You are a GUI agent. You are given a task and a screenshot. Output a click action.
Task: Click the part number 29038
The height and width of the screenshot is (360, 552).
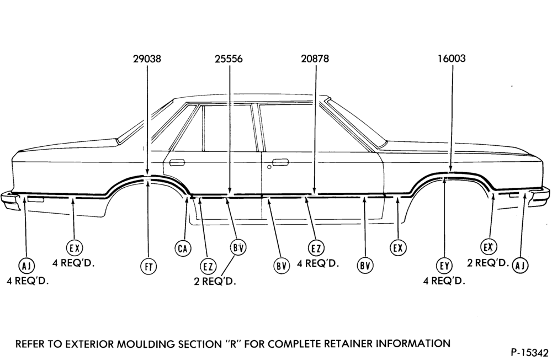(x=147, y=59)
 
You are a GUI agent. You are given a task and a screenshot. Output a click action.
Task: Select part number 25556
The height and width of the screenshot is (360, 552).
(x=229, y=59)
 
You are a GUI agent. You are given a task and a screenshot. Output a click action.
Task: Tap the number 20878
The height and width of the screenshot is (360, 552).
(x=315, y=59)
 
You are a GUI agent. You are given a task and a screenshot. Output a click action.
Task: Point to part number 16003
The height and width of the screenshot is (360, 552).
(x=452, y=58)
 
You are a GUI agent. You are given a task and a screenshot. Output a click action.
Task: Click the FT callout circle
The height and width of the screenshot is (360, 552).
(x=148, y=267)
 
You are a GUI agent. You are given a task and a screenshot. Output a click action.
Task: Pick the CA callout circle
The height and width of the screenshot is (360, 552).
(x=183, y=248)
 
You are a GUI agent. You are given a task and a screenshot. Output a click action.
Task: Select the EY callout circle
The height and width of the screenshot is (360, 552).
(x=444, y=266)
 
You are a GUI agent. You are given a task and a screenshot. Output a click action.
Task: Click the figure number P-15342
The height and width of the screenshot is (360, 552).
(x=529, y=353)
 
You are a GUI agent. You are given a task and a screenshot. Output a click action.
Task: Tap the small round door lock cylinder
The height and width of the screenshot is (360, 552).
(x=269, y=167)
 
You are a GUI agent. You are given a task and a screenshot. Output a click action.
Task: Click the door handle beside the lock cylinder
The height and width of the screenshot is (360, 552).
(x=280, y=162)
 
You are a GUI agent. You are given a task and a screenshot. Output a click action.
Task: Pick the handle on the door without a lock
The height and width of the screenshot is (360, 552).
(x=177, y=162)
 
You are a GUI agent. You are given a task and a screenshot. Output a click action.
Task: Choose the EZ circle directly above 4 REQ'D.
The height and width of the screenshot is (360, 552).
(x=316, y=248)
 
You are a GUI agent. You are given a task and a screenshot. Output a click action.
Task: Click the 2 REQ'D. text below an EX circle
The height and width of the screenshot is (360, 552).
(x=488, y=263)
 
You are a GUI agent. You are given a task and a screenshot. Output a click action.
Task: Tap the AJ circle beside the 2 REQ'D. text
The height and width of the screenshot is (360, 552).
(x=520, y=265)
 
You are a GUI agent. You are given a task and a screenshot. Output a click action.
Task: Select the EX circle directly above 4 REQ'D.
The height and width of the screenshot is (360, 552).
(x=75, y=248)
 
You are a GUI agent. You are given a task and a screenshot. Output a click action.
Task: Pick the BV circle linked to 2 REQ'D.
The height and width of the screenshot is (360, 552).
(x=238, y=247)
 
